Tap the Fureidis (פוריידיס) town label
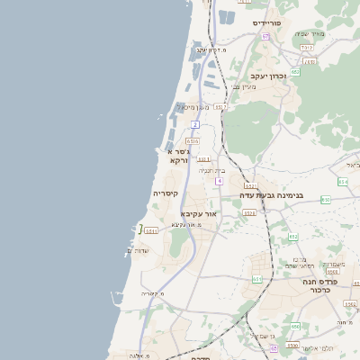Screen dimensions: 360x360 click(x=268, y=22)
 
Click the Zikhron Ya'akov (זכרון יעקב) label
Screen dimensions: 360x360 click(x=268, y=76)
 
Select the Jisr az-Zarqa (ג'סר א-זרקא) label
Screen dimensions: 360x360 click(x=178, y=156)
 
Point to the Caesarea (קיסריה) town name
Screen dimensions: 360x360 click(x=166, y=193)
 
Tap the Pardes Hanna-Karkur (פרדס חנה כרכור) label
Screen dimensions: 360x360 click(x=319, y=286)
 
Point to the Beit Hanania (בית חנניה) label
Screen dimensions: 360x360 click(x=212, y=170)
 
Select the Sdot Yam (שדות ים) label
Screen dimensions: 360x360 click(x=144, y=249)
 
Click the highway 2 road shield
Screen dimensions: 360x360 click(x=195, y=125)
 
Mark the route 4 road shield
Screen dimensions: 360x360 click(x=219, y=180)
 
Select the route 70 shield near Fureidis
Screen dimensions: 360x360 click(x=265, y=36)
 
